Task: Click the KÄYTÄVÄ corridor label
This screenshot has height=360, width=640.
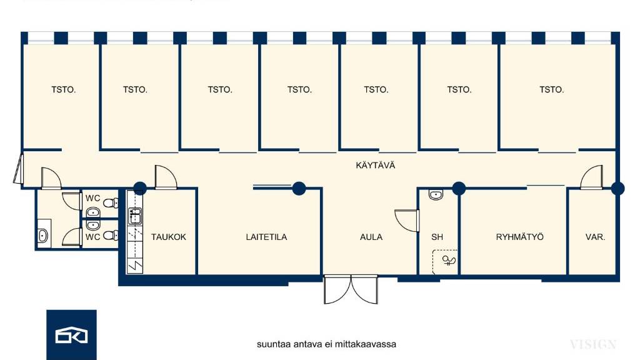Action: point(376,166)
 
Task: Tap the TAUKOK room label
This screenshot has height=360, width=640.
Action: point(169,237)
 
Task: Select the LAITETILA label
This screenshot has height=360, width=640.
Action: point(266,237)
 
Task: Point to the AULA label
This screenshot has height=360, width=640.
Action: point(371,237)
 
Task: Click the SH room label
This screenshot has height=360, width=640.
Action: point(437,237)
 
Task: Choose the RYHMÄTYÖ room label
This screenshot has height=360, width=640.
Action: point(520,237)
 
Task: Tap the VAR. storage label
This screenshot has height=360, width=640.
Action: point(595,237)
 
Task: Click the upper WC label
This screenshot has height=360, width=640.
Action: point(93,198)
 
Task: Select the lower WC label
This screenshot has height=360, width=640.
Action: point(93,237)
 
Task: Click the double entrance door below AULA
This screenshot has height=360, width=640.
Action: point(351,290)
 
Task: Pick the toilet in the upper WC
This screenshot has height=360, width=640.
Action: point(111,204)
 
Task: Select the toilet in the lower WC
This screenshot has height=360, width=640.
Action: point(111,235)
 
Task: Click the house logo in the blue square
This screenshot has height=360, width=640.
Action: point(71,336)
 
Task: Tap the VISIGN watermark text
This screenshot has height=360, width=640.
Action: point(593,344)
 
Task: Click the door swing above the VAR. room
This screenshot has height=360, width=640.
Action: point(591,176)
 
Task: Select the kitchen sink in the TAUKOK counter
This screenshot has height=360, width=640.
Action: point(134,216)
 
